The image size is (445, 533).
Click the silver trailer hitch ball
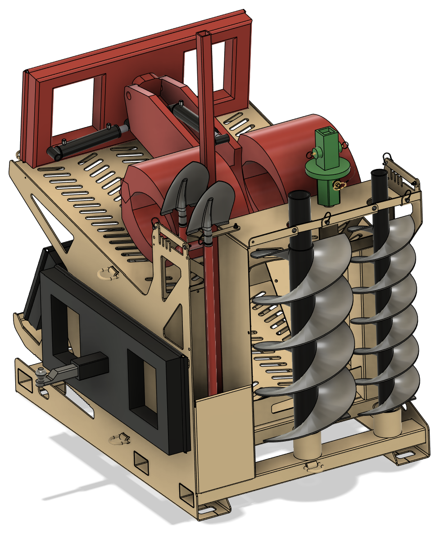pyautogui.click(x=42, y=372)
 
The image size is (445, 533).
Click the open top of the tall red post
pyautogui.click(x=204, y=34)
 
